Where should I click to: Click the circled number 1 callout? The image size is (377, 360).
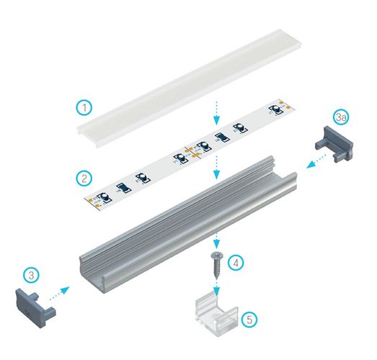point(85,109)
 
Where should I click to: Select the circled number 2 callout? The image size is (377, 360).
point(85,176)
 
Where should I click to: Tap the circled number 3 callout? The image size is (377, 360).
point(32,274)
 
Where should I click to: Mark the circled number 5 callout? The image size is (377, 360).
point(248,316)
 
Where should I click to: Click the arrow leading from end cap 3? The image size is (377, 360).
point(59,292)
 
